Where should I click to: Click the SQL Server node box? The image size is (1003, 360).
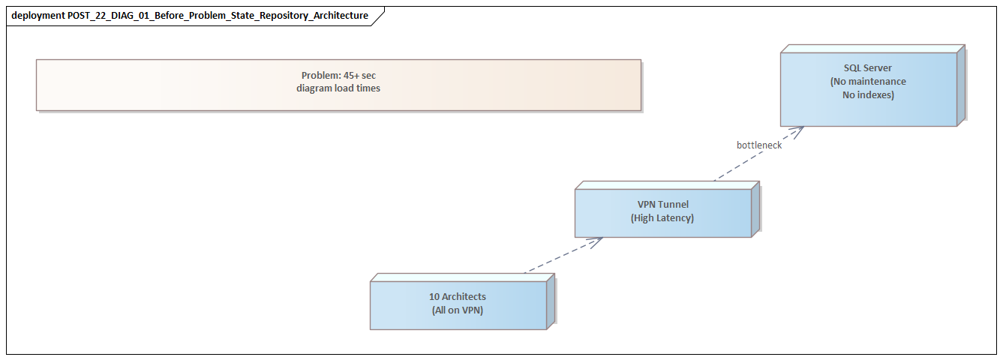868,105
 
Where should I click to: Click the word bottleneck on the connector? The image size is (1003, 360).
758,145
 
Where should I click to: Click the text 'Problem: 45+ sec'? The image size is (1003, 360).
338,76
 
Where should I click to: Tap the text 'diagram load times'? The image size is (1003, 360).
338,88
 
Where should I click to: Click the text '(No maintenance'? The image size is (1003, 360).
868,82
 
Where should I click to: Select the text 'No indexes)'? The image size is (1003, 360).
868,95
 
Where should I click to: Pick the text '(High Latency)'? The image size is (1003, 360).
662,218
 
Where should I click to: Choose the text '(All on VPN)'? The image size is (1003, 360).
458,310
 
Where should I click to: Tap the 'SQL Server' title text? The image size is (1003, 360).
868,68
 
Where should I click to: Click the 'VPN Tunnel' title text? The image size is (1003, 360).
662,205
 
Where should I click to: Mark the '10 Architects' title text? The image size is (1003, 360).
458,297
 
